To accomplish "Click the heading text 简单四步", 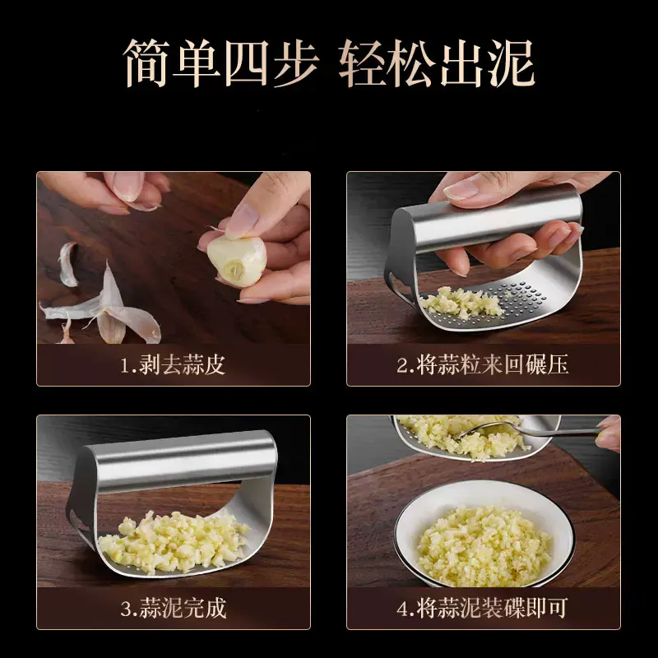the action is [x=221, y=63].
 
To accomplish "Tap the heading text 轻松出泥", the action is [x=437, y=63].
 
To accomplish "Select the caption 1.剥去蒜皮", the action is [x=173, y=364].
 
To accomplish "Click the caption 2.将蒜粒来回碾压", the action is [x=483, y=364].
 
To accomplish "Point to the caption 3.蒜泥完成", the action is [x=174, y=608].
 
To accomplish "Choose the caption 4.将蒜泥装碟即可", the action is [x=483, y=608].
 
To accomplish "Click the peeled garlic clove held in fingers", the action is [x=237, y=260].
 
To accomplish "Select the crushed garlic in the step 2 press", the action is [x=461, y=303].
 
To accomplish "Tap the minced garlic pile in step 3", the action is [x=172, y=543].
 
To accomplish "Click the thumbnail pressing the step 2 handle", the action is [x=461, y=190].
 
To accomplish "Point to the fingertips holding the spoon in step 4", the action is [x=608, y=433].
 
